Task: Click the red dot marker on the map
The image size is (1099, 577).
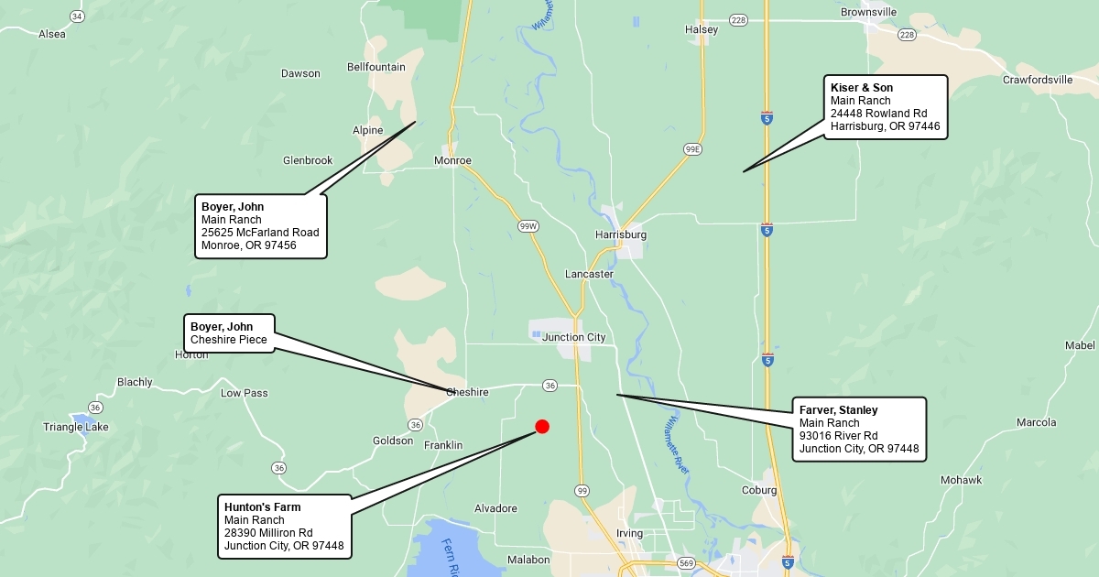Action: pos(542,426)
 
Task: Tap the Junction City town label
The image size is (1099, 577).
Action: pos(574,337)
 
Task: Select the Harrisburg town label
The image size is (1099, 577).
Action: pos(621,234)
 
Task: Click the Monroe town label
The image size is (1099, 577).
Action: pos(452,160)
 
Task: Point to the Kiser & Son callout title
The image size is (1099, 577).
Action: pos(862,88)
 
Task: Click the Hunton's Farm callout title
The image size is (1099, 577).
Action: pos(263,506)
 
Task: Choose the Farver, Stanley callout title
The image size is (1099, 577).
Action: pos(839,409)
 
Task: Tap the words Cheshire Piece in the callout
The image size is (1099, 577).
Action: pos(229,340)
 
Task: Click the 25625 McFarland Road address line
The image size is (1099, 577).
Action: pos(260,233)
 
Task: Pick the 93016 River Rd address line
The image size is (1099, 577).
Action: pos(839,436)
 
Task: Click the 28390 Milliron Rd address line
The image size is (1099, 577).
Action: pos(268,533)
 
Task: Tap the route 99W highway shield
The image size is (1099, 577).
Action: pos(528,225)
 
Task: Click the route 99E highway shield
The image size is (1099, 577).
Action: pos(692,148)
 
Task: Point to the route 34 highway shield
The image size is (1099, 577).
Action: pos(77,16)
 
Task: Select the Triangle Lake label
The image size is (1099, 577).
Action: pos(76,427)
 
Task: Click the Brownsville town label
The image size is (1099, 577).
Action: pos(869,12)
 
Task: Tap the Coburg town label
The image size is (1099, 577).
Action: pos(759,490)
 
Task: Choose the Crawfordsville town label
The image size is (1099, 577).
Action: pos(1038,80)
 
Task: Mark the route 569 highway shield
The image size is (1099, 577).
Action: pos(686,562)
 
